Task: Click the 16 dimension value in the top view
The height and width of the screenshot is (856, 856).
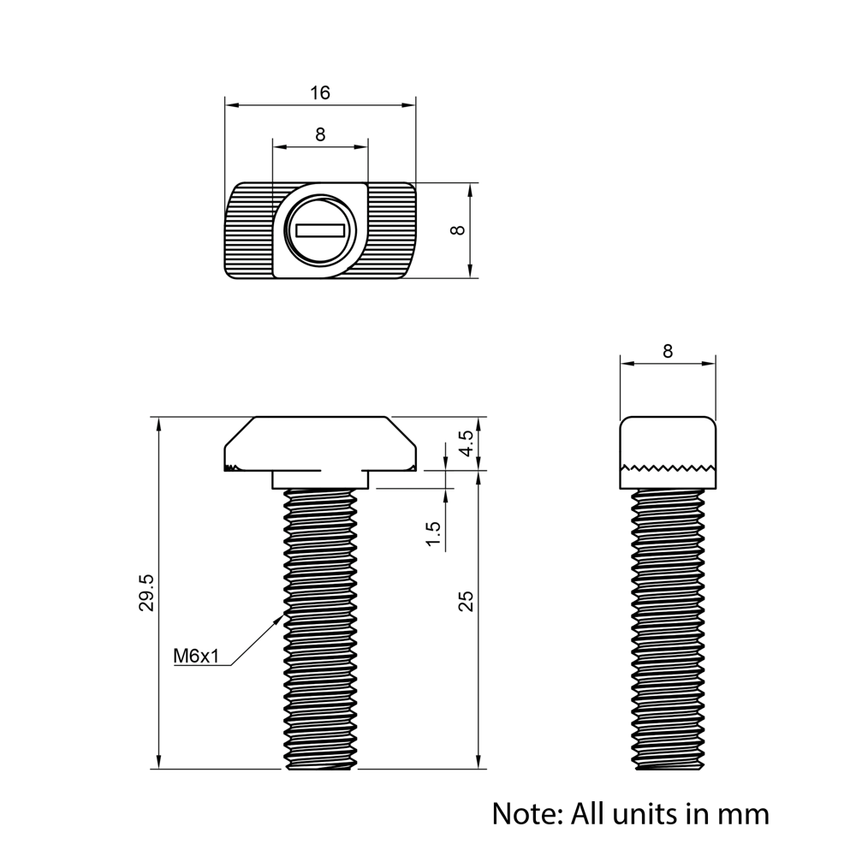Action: [319, 92]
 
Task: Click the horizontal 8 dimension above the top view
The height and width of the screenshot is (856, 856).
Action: [319, 134]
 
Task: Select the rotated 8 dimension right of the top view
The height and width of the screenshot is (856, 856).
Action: [459, 229]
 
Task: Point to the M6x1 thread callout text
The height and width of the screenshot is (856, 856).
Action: [197, 657]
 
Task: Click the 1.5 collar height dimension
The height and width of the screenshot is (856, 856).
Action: [433, 535]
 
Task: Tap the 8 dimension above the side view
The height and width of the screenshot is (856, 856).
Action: [668, 351]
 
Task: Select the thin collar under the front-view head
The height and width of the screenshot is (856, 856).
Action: [321, 479]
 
